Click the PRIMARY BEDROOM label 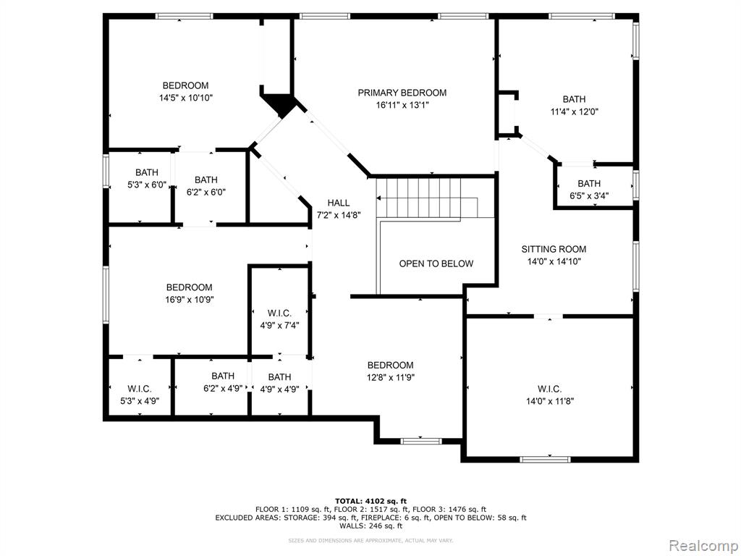(x=402, y=93)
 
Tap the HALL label (x=339, y=203)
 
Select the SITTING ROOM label (x=554, y=249)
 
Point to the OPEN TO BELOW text (x=436, y=264)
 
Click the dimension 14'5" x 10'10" (x=186, y=98)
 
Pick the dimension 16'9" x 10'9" (x=190, y=299)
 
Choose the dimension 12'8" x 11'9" (x=391, y=377)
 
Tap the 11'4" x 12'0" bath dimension (x=574, y=111)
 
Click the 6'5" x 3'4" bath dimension (x=589, y=195)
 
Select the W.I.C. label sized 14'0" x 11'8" (x=550, y=389)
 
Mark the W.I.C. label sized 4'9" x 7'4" (x=279, y=313)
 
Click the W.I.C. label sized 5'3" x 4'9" (x=140, y=389)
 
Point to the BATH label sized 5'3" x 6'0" (x=147, y=172)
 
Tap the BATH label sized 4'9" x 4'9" (x=280, y=376)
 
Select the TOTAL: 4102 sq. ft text (x=371, y=501)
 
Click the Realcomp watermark (x=703, y=545)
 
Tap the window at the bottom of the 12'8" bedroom (x=421, y=441)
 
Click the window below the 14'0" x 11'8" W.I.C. (x=546, y=459)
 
